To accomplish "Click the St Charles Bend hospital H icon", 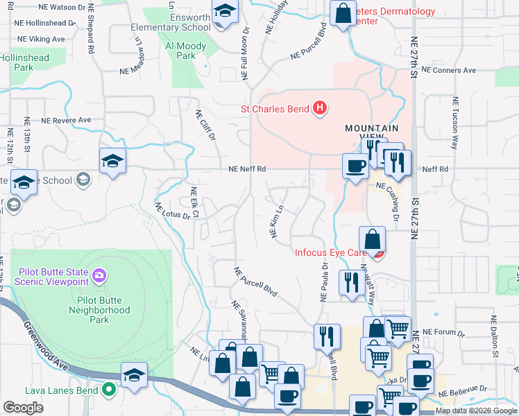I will click(319, 108).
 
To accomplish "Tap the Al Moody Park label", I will click(186, 51).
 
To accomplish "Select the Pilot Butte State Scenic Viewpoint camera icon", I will click(99, 276).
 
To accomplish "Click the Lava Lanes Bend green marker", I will click(108, 390).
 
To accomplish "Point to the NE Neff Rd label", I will click(248, 168).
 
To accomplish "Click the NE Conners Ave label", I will click(451, 71).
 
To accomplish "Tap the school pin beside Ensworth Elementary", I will click(224, 12).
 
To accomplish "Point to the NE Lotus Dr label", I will click(171, 211).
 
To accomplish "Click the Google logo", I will click(23, 408).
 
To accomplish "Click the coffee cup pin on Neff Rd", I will click(355, 166).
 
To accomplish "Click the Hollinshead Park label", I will click(26, 63).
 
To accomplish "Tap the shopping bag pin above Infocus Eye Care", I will click(373, 239).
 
